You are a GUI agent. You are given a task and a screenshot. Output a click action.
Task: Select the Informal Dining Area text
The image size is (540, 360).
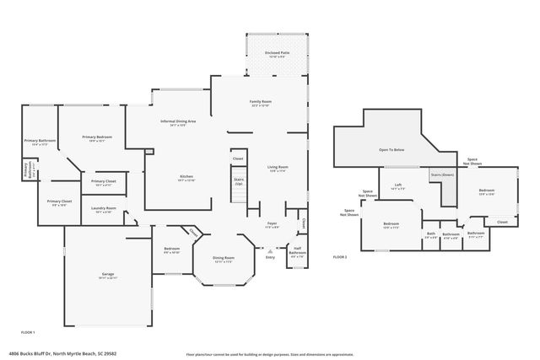pos(178,121)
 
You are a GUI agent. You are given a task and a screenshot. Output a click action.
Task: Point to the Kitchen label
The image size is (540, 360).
pos(186,176)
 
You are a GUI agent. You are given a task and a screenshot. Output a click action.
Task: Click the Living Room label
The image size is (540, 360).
pos(278,167)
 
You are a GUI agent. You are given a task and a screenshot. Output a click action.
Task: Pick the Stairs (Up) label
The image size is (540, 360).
pos(238,180)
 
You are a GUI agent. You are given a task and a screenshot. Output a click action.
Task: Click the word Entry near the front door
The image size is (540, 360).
pos(270,257)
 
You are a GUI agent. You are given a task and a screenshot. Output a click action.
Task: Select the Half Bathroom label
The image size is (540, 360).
pos(297,251)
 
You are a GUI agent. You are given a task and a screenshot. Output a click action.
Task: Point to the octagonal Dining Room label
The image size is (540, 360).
pos(224,257)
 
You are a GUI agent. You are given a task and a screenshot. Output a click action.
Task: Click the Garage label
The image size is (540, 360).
pos(108,275)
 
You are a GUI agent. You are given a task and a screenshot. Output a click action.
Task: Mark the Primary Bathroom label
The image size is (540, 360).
pos(40,141)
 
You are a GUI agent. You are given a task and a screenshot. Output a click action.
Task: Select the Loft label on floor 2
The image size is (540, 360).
pos(397,185)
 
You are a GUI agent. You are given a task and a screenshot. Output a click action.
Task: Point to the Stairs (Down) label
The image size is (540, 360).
pos(442,175)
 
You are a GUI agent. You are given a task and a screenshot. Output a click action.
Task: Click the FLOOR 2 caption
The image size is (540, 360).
pos(340,255)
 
